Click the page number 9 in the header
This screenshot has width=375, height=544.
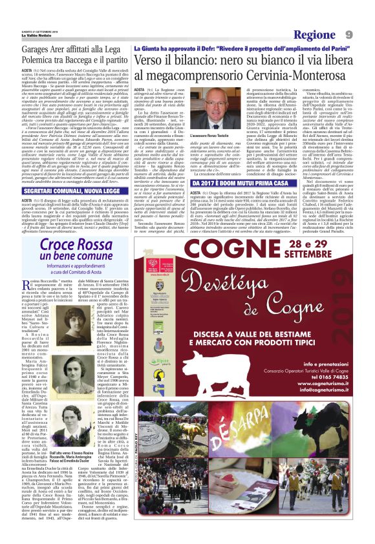[x=348, y=34]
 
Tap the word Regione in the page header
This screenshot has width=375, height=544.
[x=314, y=34]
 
